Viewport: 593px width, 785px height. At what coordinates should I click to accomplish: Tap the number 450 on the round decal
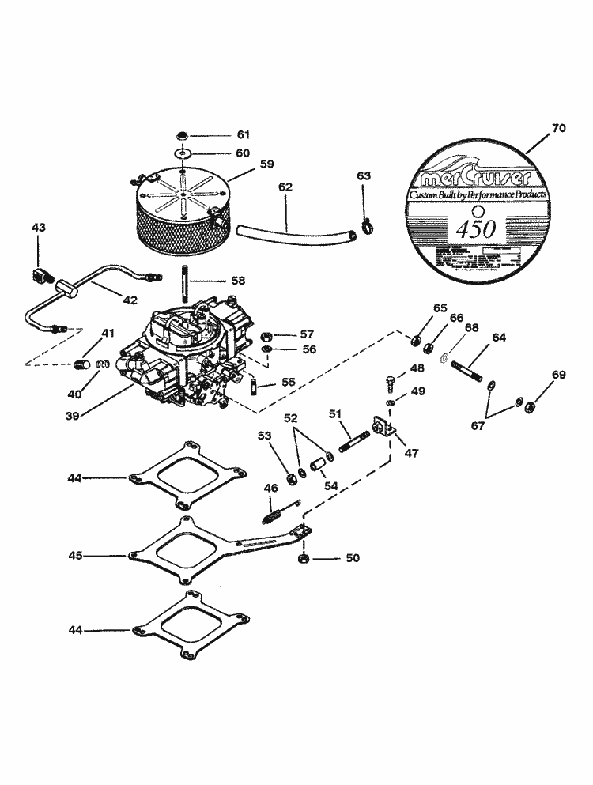click(476, 228)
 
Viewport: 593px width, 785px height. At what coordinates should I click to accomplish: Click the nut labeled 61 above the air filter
click(183, 135)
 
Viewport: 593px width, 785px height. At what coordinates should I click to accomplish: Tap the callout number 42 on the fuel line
click(130, 300)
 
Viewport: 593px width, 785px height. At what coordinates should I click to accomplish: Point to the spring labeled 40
click(100, 365)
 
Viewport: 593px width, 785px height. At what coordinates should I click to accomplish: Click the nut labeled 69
click(532, 406)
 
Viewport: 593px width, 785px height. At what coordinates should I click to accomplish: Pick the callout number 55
click(289, 382)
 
